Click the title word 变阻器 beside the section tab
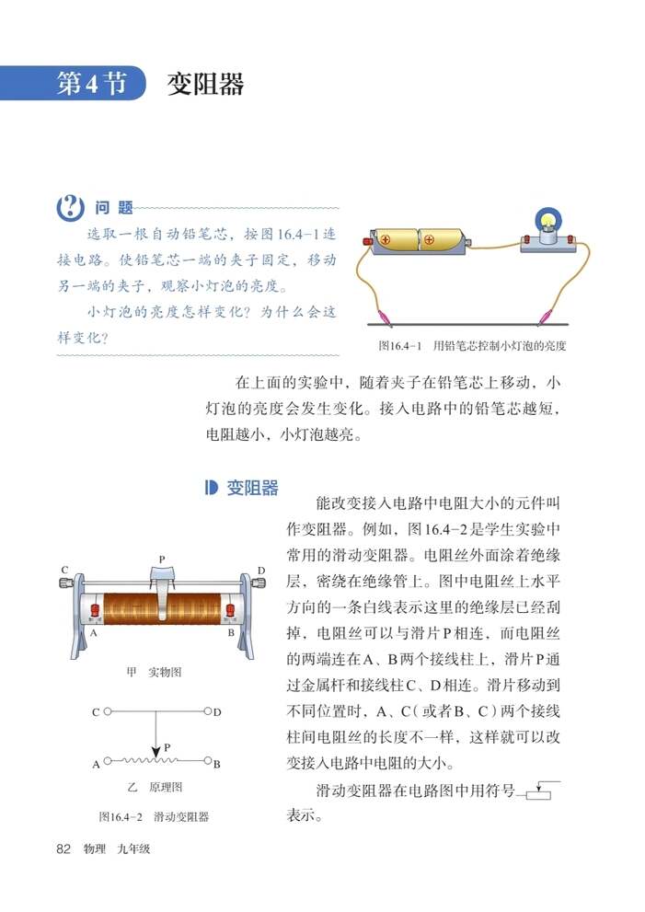pyautogui.click(x=206, y=84)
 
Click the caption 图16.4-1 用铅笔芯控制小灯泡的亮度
pyautogui.click(x=472, y=347)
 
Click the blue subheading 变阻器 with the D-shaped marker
pyautogui.click(x=242, y=489)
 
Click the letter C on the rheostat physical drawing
pyautogui.click(x=65, y=571)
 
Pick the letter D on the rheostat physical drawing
pyautogui.click(x=261, y=571)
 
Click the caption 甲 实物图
pyautogui.click(x=153, y=673)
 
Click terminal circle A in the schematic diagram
pyautogui.click(x=108, y=762)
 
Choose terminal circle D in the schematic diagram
pyautogui.click(x=207, y=711)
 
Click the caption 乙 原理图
pyautogui.click(x=153, y=787)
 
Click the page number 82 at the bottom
pyautogui.click(x=63, y=849)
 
